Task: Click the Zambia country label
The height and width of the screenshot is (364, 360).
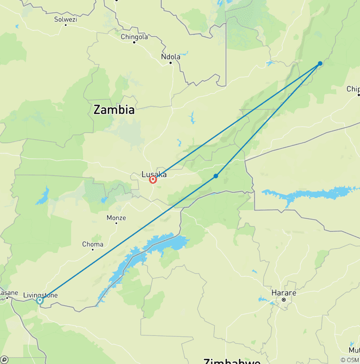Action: (x=114, y=110)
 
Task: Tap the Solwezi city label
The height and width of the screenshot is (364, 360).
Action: (x=65, y=19)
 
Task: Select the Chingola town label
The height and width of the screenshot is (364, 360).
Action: (x=134, y=37)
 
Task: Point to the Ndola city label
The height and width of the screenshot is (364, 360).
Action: (x=170, y=57)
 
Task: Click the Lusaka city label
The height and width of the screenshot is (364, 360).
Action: (x=154, y=174)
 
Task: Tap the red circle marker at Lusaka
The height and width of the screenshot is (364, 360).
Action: (x=153, y=180)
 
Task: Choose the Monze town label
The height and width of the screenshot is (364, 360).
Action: (x=116, y=218)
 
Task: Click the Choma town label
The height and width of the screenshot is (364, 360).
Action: (x=92, y=244)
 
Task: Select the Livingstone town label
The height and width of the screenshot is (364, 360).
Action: (x=40, y=295)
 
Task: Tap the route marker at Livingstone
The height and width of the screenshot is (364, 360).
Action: (x=40, y=300)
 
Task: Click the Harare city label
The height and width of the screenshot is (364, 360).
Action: (x=284, y=293)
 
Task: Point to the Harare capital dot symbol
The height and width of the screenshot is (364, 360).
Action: (x=284, y=299)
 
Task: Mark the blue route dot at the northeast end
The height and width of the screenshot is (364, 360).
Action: (x=320, y=63)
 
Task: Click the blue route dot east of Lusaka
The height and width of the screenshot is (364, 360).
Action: (x=216, y=176)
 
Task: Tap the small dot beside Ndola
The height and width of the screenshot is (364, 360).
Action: (x=171, y=62)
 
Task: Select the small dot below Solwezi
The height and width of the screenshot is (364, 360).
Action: (x=65, y=24)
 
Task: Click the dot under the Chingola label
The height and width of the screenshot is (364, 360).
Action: (x=134, y=42)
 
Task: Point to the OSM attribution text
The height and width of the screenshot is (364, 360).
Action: (x=350, y=360)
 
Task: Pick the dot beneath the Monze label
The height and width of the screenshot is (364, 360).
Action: (x=116, y=223)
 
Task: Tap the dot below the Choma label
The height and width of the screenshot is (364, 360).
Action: (x=92, y=250)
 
